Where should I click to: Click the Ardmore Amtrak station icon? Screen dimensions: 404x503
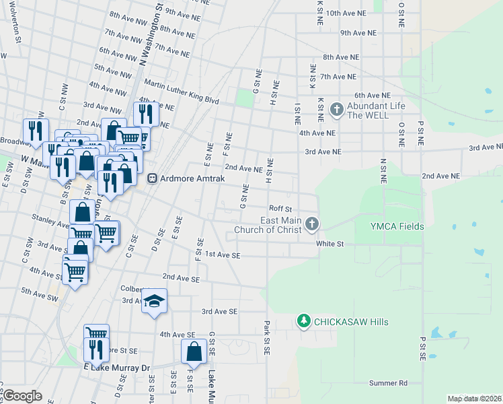[x=153, y=178]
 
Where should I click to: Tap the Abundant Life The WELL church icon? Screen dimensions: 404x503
[x=337, y=108]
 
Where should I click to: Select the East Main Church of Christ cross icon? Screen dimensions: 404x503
[x=311, y=223]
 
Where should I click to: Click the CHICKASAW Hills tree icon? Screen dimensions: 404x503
[x=304, y=321]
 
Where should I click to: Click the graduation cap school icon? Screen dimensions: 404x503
[x=154, y=300]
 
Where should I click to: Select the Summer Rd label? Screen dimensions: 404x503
[x=388, y=383]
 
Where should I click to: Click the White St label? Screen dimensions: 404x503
[x=330, y=244]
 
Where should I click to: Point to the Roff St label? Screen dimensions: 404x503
[x=280, y=209]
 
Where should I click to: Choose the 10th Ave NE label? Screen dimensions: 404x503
[x=346, y=13]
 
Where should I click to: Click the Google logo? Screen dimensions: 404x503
[x=22, y=396]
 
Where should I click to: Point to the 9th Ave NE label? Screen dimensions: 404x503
[x=358, y=32]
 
